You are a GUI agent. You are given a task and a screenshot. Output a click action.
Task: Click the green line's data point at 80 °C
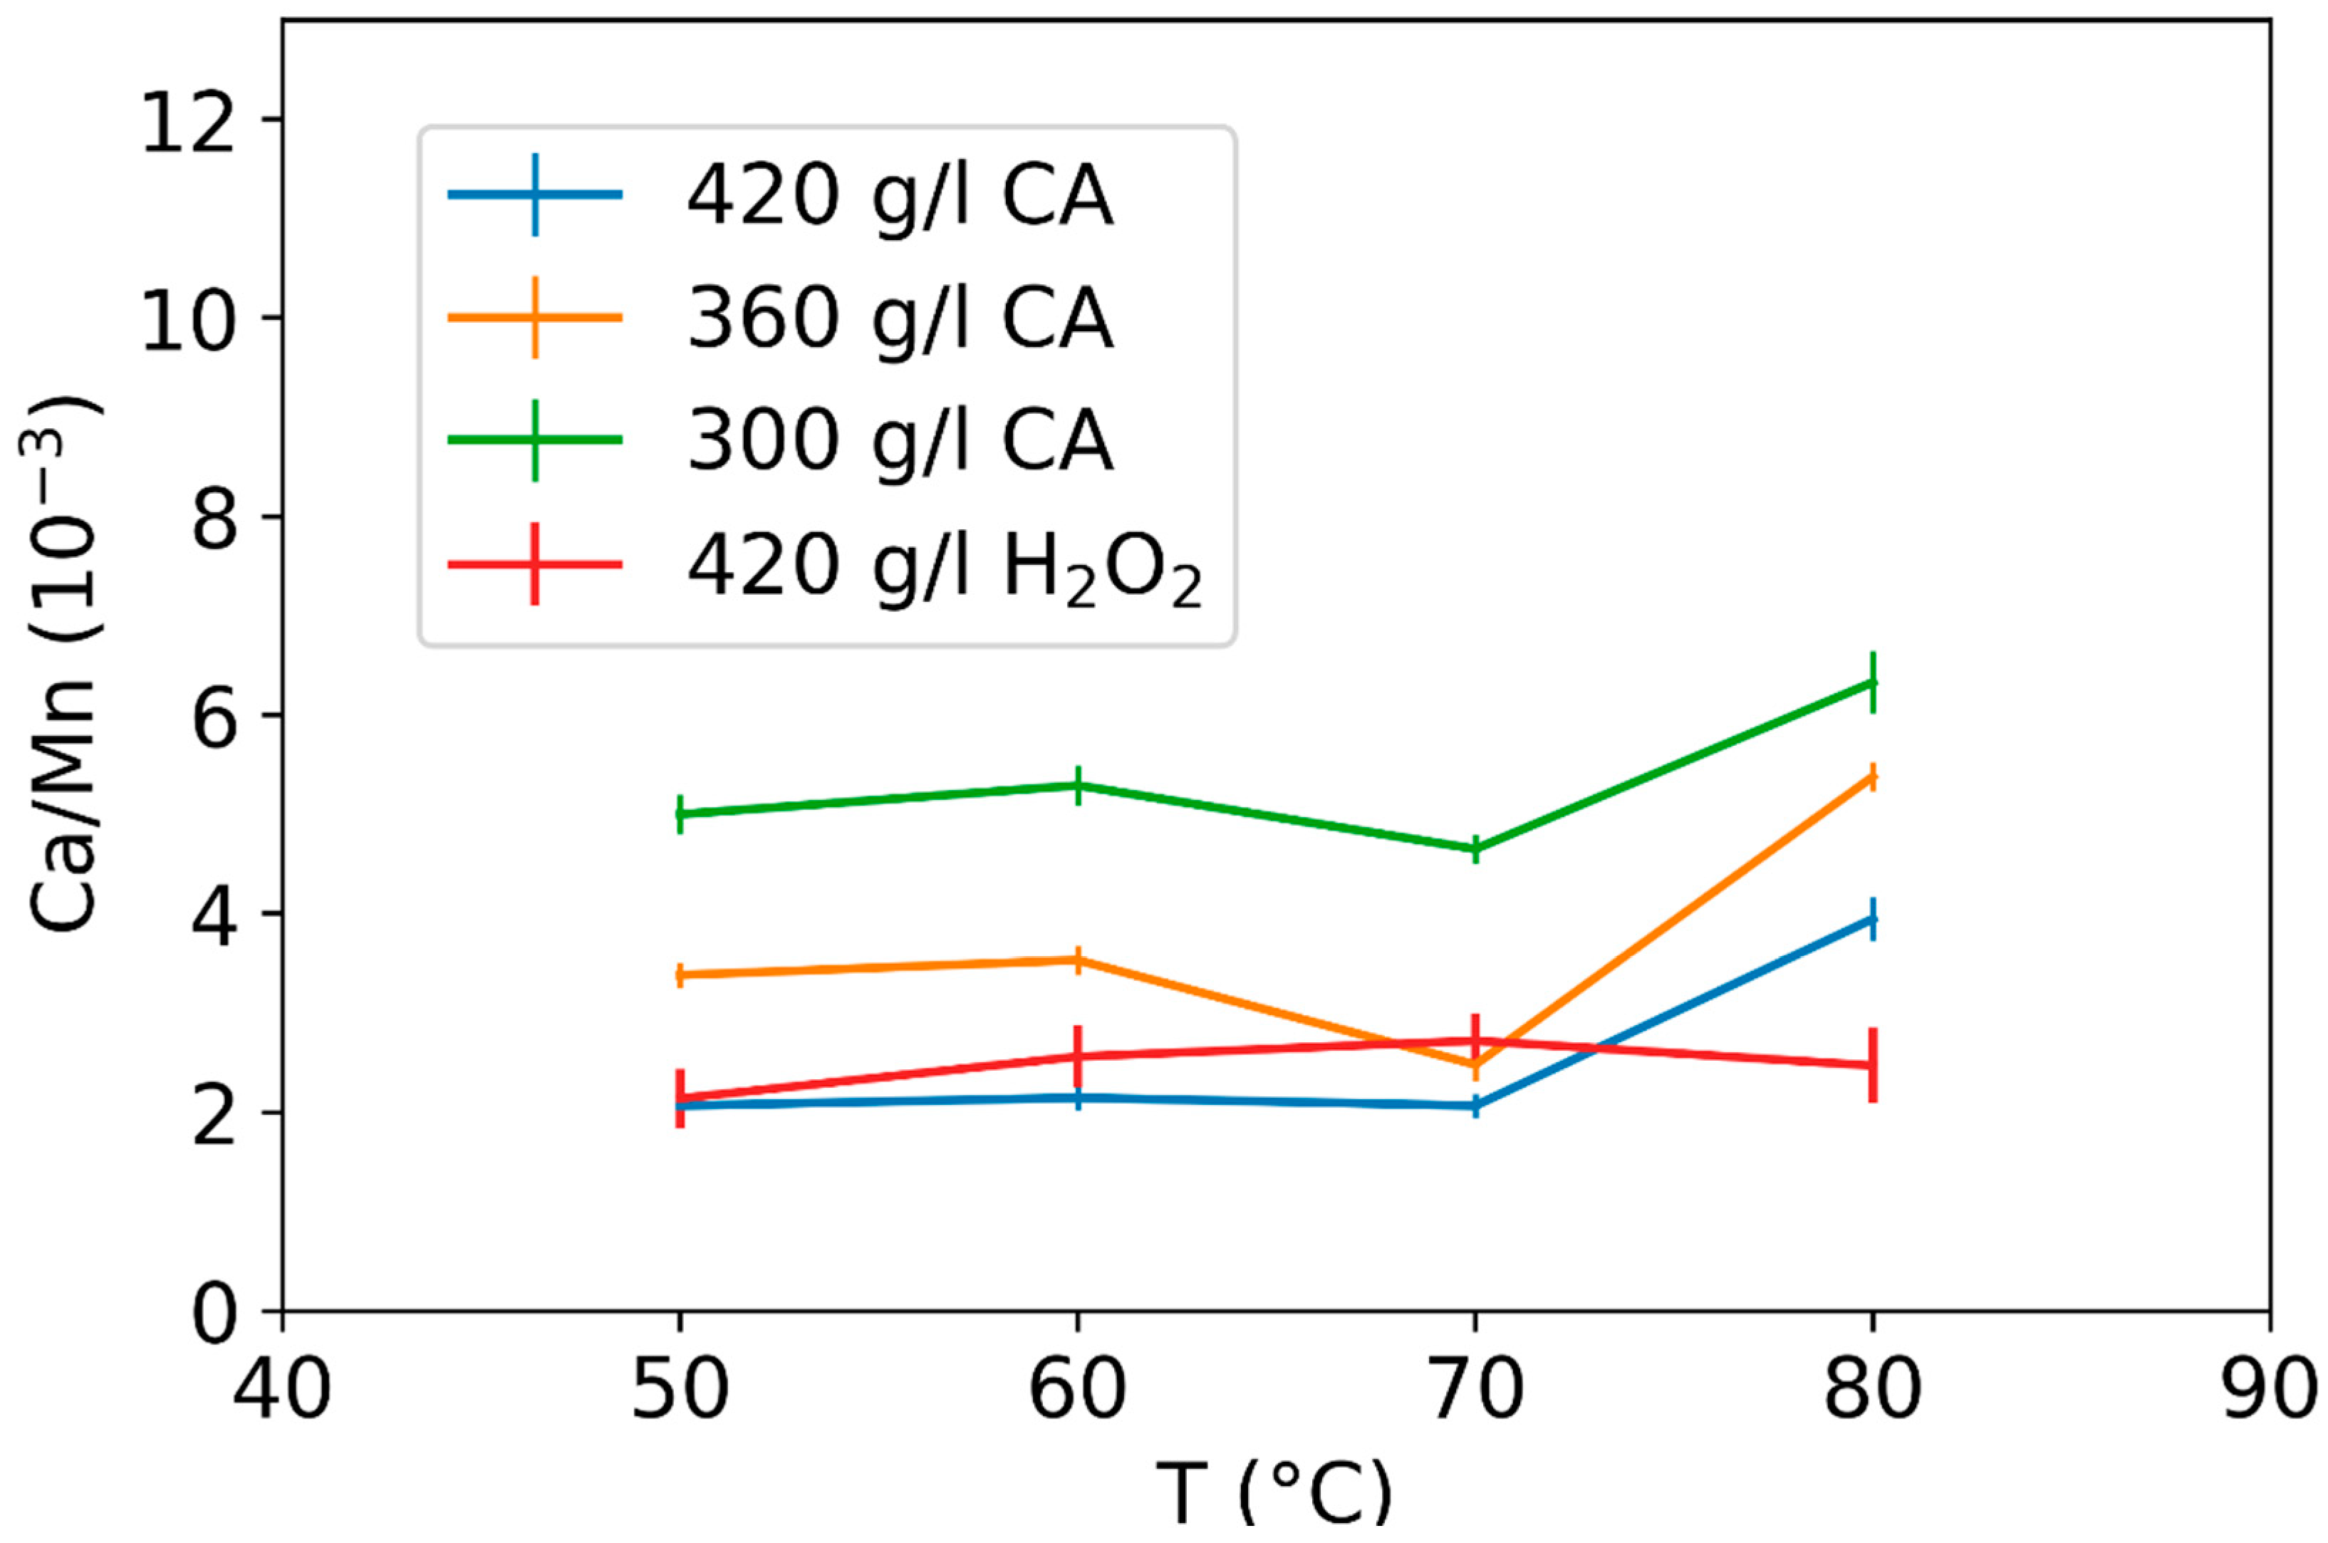pyautogui.click(x=1872, y=682)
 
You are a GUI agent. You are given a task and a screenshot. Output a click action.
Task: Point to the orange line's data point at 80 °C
pyautogui.click(x=1872, y=777)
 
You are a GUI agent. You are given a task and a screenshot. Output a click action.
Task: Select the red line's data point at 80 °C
pyautogui.click(x=1872, y=1065)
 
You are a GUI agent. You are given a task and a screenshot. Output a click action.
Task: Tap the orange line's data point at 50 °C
pyautogui.click(x=680, y=975)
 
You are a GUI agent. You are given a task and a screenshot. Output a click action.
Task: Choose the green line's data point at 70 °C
pyautogui.click(x=1475, y=848)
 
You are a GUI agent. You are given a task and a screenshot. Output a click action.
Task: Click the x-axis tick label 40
pyautogui.click(x=282, y=1391)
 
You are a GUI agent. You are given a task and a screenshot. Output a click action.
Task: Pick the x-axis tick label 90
pyautogui.click(x=2269, y=1391)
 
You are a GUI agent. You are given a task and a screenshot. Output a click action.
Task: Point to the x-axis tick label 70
pyautogui.click(x=1475, y=1391)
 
